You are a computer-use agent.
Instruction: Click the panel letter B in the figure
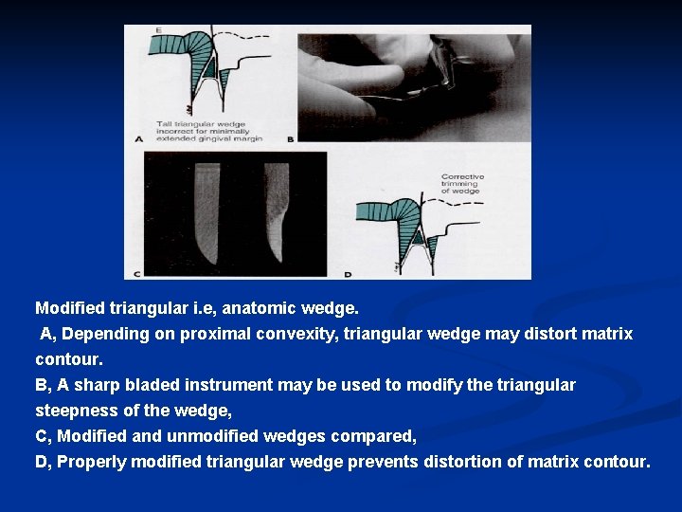pyautogui.click(x=291, y=137)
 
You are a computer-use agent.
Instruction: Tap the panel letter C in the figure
pyautogui.click(x=138, y=273)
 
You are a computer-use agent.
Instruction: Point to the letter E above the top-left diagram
pyautogui.click(x=158, y=31)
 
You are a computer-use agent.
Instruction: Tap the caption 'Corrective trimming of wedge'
pyautogui.click(x=461, y=183)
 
